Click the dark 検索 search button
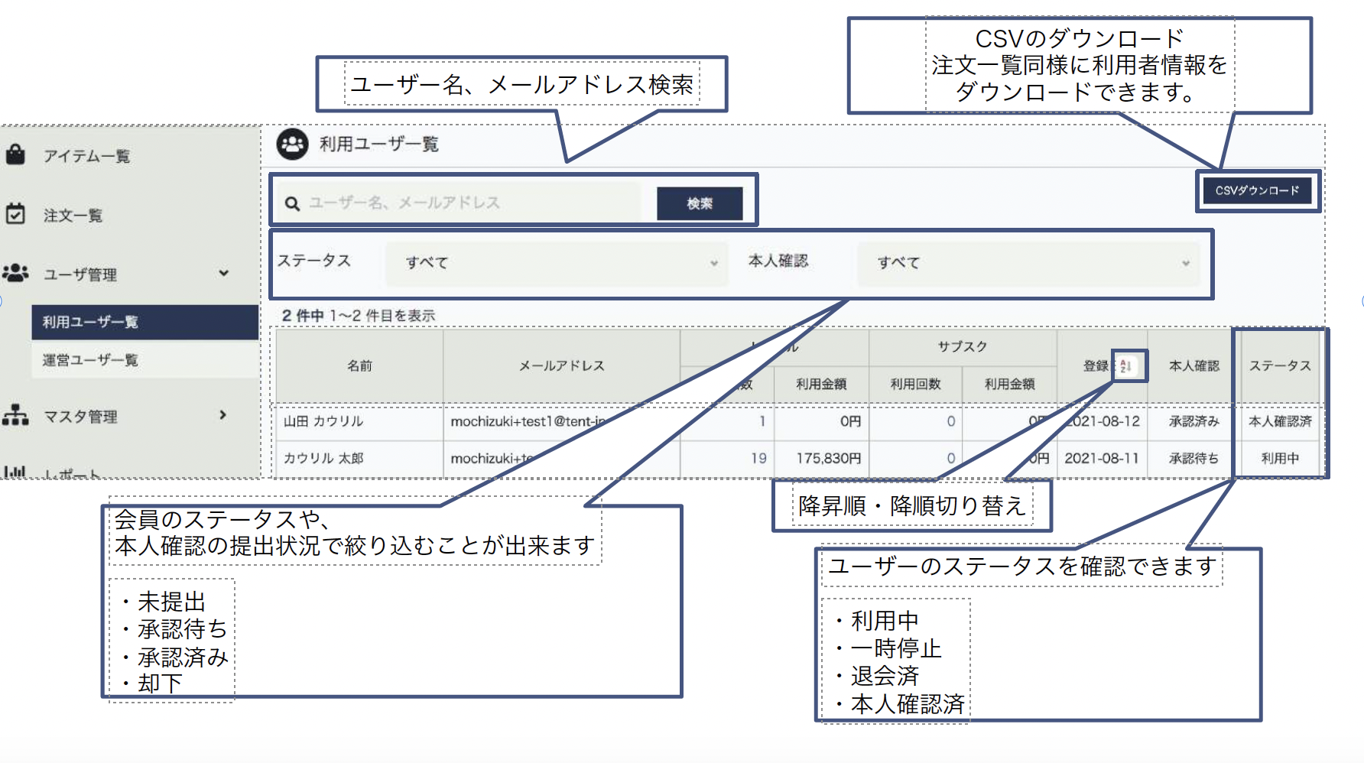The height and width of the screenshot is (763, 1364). [700, 203]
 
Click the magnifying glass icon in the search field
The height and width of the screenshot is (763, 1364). [292, 203]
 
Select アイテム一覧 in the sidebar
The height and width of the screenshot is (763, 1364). [86, 156]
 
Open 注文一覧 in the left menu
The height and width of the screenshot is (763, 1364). [73, 216]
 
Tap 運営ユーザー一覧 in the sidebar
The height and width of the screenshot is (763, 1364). [90, 360]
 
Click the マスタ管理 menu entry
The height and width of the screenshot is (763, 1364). [80, 417]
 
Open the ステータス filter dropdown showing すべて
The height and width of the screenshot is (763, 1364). [556, 263]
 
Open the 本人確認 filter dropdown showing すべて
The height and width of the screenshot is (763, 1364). [1028, 263]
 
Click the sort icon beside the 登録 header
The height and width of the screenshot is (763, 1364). [1126, 366]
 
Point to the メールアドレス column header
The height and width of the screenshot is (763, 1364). [561, 366]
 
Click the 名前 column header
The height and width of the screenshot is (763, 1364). [359, 366]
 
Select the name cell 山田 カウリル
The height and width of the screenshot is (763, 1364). [323, 421]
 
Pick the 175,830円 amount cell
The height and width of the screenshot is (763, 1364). [828, 458]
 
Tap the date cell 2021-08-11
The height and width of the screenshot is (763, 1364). [1101, 458]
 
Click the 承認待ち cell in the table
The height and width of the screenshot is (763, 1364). [1193, 458]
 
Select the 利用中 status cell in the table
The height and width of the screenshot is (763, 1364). [1280, 458]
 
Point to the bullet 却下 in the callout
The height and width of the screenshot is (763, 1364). [160, 683]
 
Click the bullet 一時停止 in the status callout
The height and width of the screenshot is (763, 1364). [895, 648]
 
